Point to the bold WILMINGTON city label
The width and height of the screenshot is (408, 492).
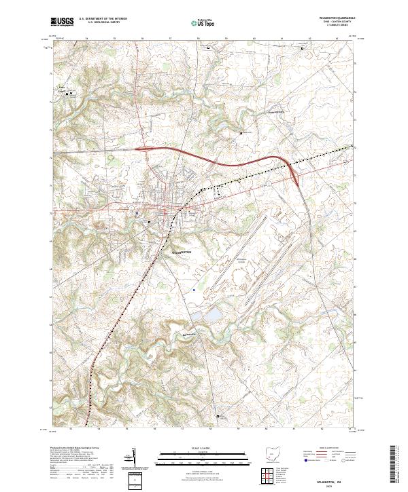pos(179,250)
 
